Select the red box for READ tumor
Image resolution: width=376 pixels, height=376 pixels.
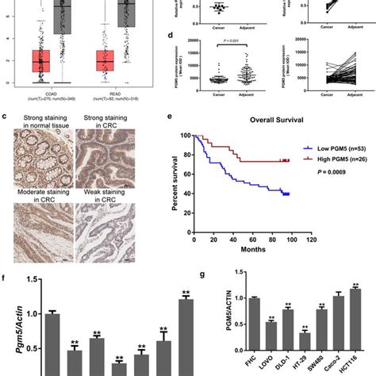coord(106,60)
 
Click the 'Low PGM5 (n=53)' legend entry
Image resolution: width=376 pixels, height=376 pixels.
coord(334,147)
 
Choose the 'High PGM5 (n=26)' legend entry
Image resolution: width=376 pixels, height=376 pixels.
coord(334,158)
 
